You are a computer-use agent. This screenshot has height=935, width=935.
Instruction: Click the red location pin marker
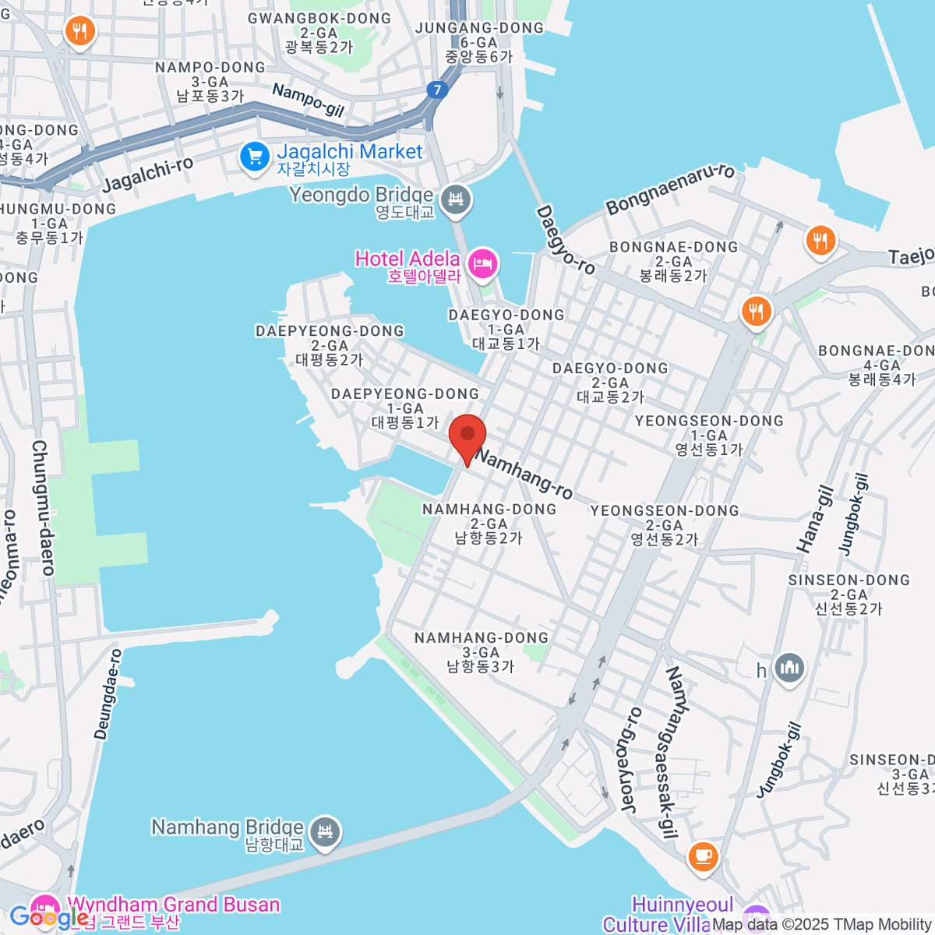click(x=467, y=436)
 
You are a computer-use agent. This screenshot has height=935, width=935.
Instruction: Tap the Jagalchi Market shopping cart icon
click(x=254, y=157)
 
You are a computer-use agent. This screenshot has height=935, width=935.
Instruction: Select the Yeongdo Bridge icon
click(x=456, y=200)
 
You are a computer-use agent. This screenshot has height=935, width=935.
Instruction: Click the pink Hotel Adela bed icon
click(x=483, y=262)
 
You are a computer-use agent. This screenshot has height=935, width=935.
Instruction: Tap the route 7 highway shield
click(x=437, y=90)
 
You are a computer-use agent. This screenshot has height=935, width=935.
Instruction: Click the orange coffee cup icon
click(x=702, y=856)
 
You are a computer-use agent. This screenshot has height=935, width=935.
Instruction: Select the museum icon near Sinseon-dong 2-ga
click(x=790, y=668)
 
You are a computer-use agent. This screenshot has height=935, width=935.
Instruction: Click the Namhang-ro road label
click(x=524, y=473)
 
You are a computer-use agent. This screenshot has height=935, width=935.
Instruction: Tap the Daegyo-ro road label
click(x=565, y=240)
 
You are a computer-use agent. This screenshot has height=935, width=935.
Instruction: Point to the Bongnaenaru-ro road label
click(x=670, y=189)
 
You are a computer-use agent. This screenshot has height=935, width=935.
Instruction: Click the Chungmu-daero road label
click(x=42, y=507)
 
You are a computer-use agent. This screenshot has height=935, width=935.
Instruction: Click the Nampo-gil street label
click(x=308, y=101)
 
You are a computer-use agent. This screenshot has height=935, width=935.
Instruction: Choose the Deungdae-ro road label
click(x=108, y=693)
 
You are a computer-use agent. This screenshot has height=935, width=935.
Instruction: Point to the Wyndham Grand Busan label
click(x=173, y=905)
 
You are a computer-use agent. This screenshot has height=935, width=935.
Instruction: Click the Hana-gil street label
click(x=815, y=520)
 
